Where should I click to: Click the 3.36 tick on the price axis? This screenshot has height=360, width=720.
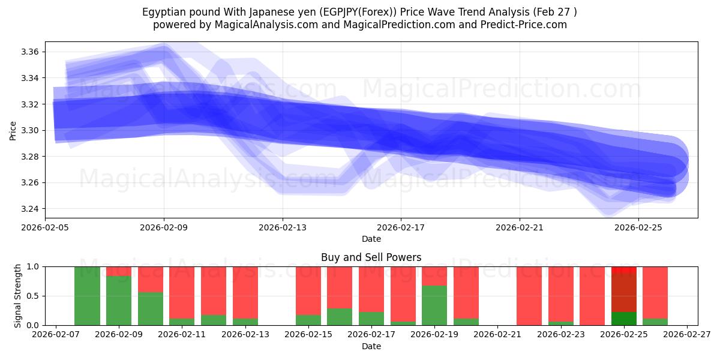[x=31, y=52]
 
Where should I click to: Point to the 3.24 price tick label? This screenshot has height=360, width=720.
[x=31, y=209]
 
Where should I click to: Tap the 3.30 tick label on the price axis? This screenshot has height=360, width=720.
[x=31, y=130]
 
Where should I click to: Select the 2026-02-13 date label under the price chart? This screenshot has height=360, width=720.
[x=283, y=228]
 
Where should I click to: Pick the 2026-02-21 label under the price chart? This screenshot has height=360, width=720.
[x=519, y=228]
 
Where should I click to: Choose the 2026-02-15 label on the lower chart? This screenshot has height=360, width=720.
[x=308, y=335]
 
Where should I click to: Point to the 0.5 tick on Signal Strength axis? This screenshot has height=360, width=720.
[x=33, y=296]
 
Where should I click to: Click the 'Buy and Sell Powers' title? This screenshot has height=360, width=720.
[x=371, y=257]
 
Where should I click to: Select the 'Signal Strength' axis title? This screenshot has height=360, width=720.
[x=18, y=296]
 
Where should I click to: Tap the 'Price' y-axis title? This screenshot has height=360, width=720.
[x=13, y=130]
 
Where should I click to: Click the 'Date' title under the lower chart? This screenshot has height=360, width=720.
[x=371, y=346]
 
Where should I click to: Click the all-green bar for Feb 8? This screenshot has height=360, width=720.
[x=87, y=296]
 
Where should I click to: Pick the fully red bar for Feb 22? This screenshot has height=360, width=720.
[x=529, y=296]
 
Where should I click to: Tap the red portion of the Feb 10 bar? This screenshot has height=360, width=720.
[x=150, y=279]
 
